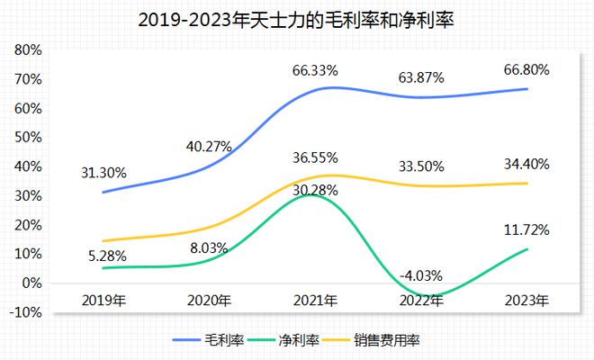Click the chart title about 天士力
pyautogui.click(x=297, y=20)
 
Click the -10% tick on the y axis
pyautogui.click(x=27, y=312)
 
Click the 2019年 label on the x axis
pyautogui.click(x=103, y=300)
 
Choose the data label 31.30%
pyautogui.click(x=104, y=172)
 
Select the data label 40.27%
pyautogui.click(x=210, y=145)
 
